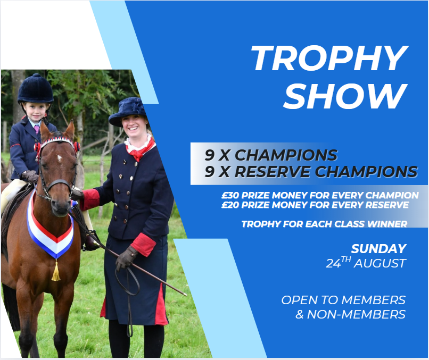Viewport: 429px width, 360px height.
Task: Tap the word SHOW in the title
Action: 345,96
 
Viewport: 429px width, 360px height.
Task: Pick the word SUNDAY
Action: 378,249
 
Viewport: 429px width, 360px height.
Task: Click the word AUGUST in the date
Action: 379,264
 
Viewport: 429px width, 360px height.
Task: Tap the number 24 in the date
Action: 333,264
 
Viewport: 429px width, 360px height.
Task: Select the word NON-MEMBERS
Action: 356,314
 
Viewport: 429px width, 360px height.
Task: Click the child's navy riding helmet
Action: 35,89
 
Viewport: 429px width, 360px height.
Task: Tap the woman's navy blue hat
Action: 128,112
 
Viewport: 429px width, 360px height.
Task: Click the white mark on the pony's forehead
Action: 60,158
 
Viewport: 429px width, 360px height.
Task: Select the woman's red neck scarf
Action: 139,149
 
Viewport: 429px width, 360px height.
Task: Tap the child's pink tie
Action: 37,129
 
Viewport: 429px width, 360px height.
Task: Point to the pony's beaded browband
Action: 57,141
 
